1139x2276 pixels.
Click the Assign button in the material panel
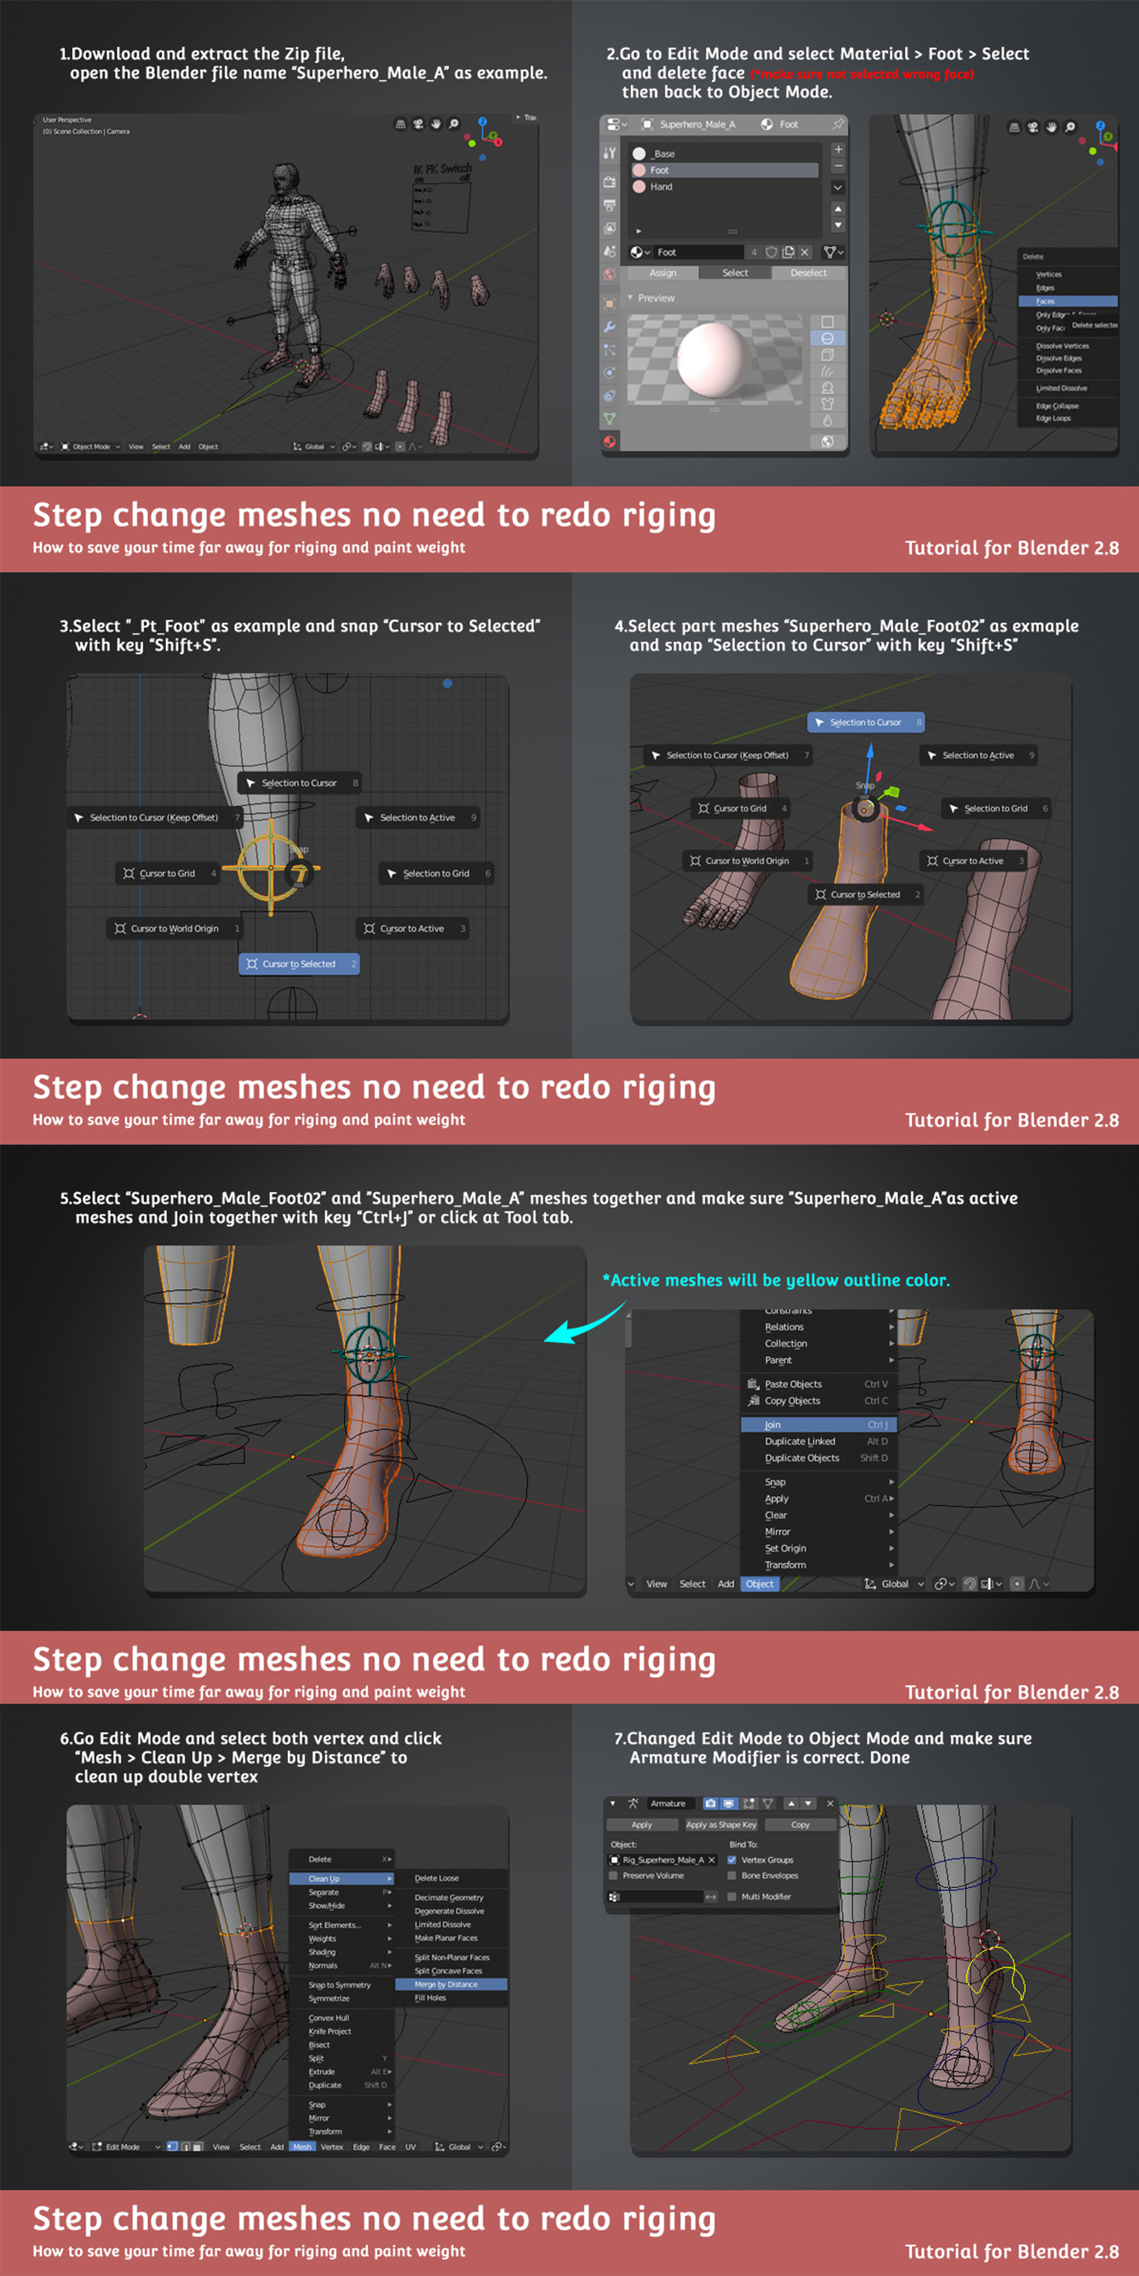663,273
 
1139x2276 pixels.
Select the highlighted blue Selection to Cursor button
865,723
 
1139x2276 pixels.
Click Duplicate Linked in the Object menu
800,1441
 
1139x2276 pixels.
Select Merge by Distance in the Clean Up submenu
446,1983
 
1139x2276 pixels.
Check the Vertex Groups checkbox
732,1860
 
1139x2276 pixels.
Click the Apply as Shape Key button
721,1824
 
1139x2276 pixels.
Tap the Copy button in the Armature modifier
800,1824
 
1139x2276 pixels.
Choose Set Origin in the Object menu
785,1548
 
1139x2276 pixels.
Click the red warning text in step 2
861,74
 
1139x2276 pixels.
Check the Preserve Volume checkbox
613,1876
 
